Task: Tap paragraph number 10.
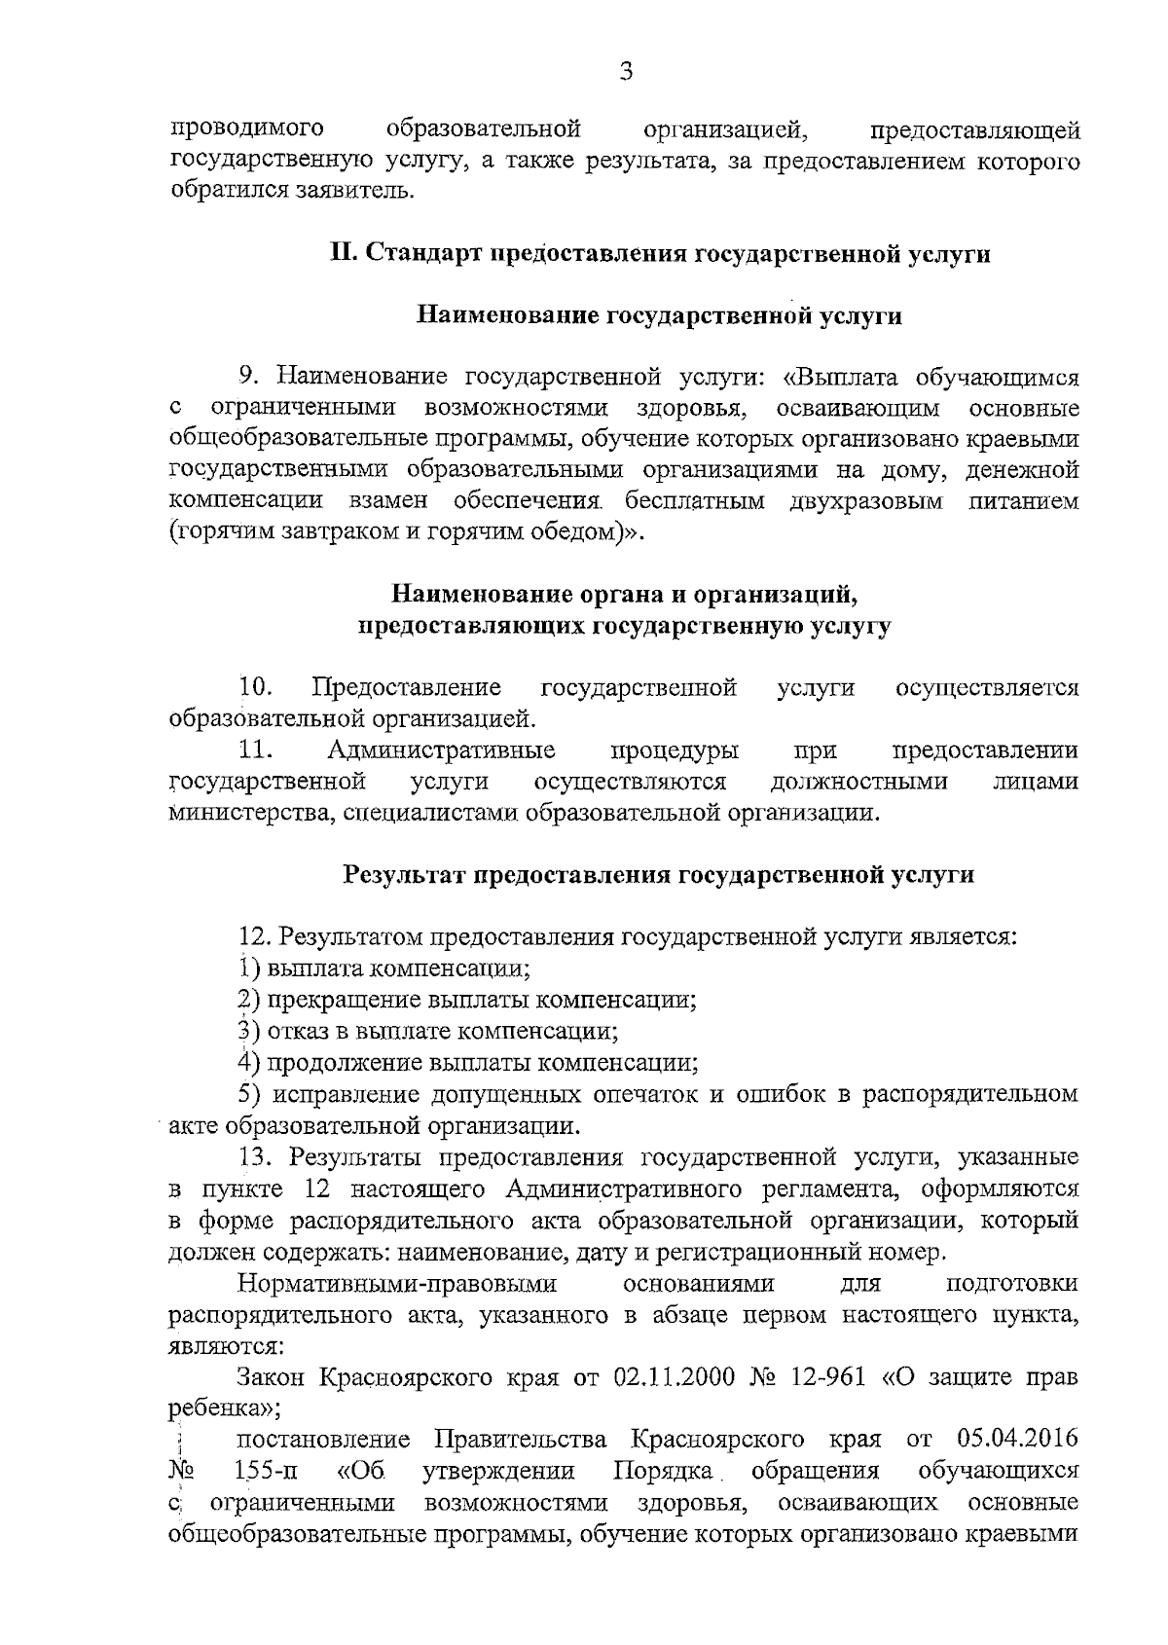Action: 256,688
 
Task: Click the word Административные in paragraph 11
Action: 442,750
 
